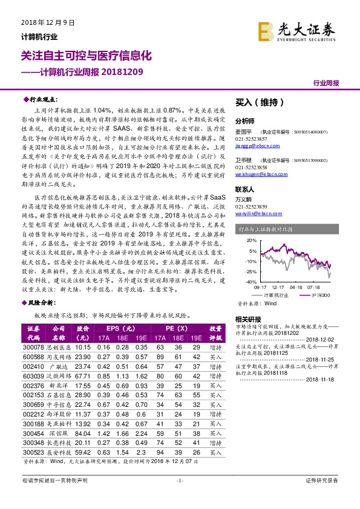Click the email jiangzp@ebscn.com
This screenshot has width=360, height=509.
tap(258, 146)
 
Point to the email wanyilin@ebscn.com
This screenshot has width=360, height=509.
tap(258, 213)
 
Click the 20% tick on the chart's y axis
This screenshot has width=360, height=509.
tap(250, 240)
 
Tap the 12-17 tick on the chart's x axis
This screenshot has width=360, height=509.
tap(278, 287)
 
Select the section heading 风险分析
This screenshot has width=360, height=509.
tap(43, 300)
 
